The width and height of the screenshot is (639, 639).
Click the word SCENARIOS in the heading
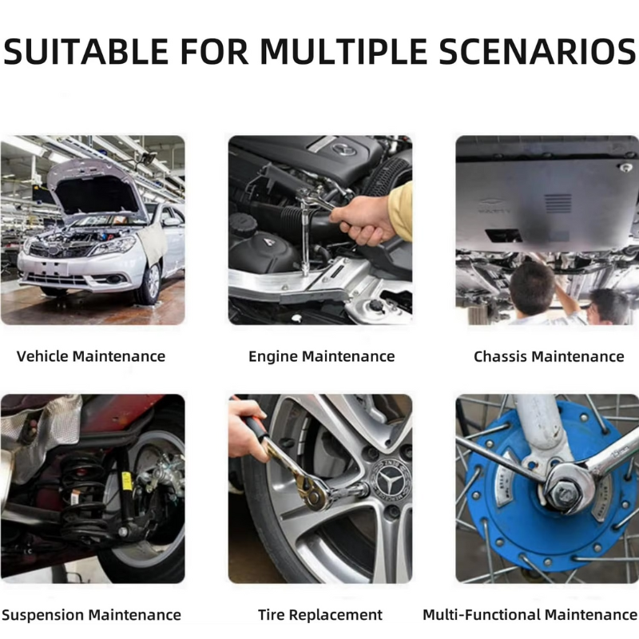pyautogui.click(x=538, y=51)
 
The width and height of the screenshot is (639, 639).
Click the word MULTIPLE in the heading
pyautogui.click(x=343, y=51)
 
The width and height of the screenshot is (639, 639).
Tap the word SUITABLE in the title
pyautogui.click(x=86, y=51)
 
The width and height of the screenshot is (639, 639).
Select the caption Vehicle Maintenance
pyautogui.click(x=91, y=356)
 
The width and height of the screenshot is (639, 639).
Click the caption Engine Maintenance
pyautogui.click(x=322, y=356)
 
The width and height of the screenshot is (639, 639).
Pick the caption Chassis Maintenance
pyautogui.click(x=549, y=356)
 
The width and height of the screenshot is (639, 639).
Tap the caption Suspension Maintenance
pyautogui.click(x=91, y=614)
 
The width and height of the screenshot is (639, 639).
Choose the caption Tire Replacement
pyautogui.click(x=320, y=614)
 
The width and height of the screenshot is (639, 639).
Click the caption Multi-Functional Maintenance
pyautogui.click(x=530, y=614)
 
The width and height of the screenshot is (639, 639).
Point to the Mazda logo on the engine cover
pyautogui.click(x=344, y=149)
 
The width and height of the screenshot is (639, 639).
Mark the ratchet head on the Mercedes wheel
pyautogui.click(x=315, y=492)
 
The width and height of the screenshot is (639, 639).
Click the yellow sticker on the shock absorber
pyautogui.click(x=127, y=481)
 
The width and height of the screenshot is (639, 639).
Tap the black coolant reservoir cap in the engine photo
pyautogui.click(x=243, y=224)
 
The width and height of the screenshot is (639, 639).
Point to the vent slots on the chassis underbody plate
pyautogui.click(x=558, y=204)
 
